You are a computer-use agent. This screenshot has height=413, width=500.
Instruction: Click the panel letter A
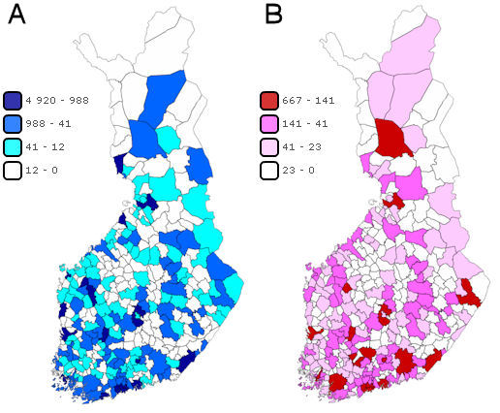point(16,20)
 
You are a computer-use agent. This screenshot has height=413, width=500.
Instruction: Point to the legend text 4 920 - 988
point(61,101)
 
